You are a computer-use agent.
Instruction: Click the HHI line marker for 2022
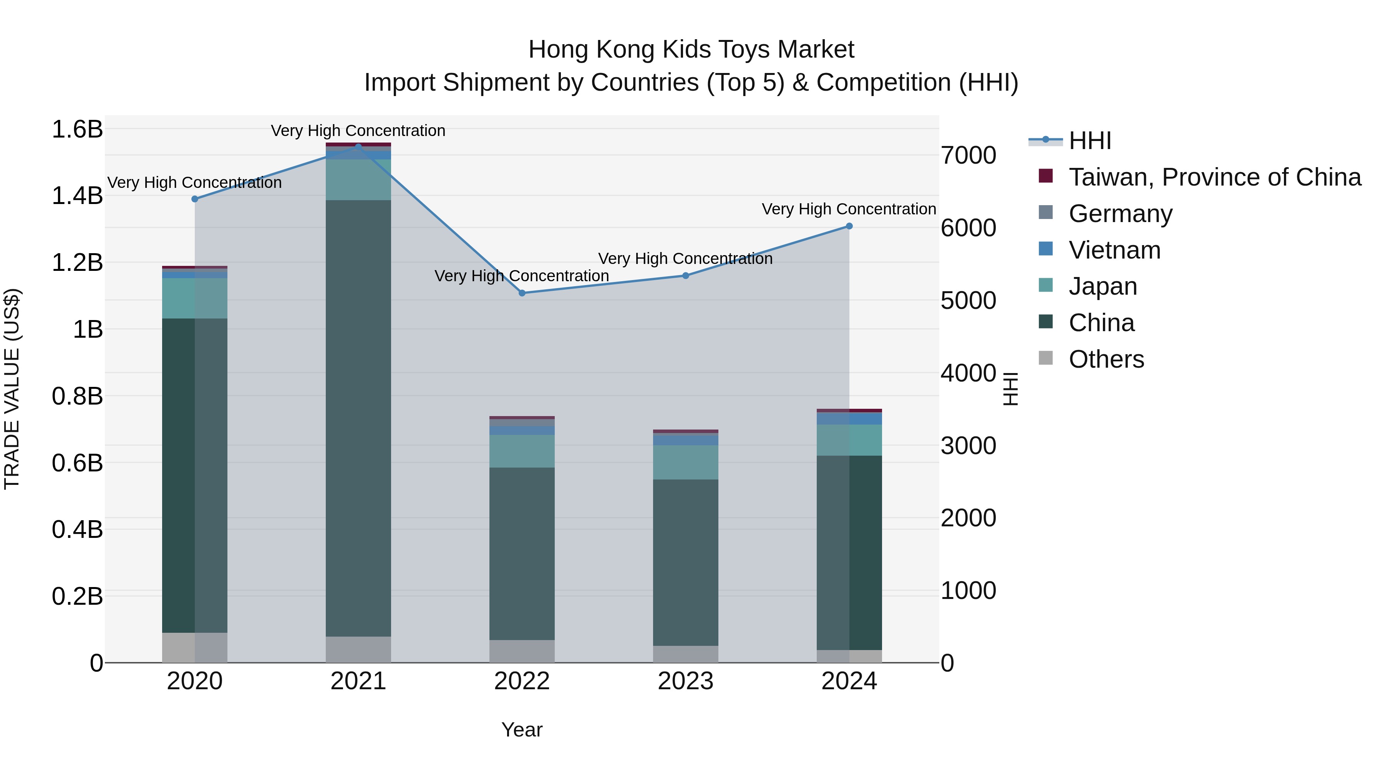point(522,293)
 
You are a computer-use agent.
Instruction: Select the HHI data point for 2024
point(849,226)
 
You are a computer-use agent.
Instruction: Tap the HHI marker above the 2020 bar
point(195,199)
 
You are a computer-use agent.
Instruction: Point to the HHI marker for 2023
point(686,276)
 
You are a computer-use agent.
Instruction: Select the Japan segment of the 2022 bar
point(522,451)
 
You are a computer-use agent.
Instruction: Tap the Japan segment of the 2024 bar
point(849,440)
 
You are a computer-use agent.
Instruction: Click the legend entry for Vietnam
point(1114,250)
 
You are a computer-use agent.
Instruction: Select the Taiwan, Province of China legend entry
point(1214,177)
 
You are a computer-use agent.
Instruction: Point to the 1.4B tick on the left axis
point(77,196)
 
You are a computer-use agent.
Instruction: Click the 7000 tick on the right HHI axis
point(968,155)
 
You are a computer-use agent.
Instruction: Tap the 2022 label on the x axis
point(522,681)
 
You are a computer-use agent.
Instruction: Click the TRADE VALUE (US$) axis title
point(12,389)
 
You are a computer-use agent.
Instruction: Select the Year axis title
point(522,730)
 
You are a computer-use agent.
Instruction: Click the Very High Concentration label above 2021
point(358,131)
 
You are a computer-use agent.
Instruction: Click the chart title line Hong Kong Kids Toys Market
point(691,50)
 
